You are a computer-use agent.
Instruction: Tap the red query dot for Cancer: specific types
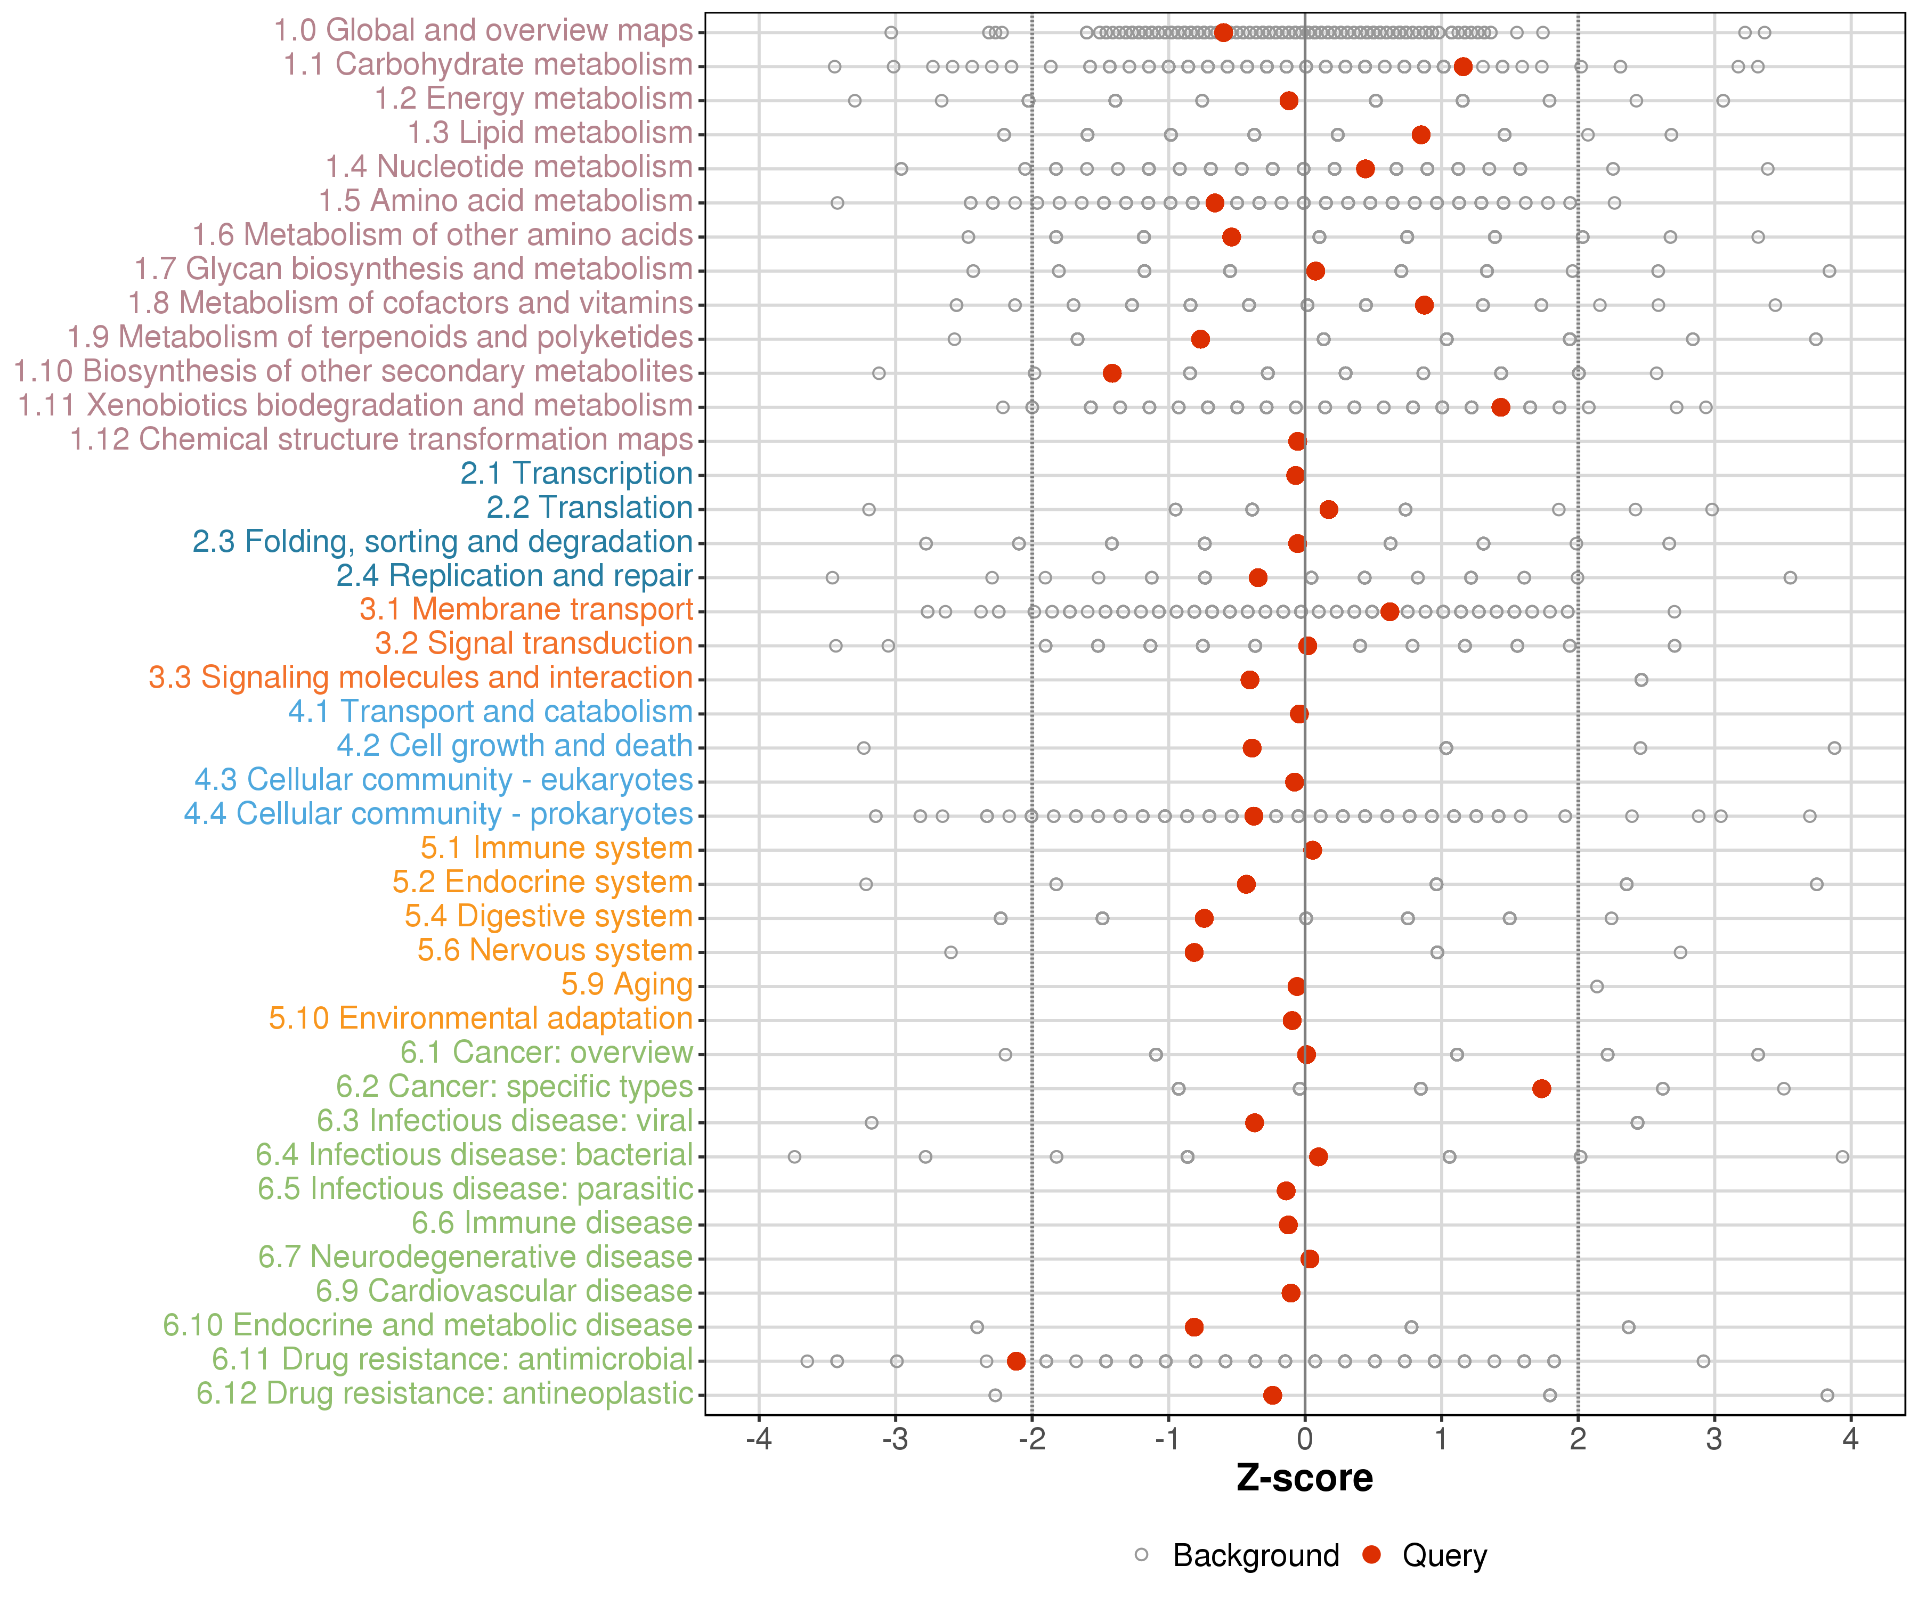click(x=1542, y=1088)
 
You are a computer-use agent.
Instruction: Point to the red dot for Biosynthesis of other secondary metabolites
click(x=1111, y=372)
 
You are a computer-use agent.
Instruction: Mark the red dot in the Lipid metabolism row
click(x=1420, y=134)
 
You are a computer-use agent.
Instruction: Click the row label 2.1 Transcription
click(x=576, y=474)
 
